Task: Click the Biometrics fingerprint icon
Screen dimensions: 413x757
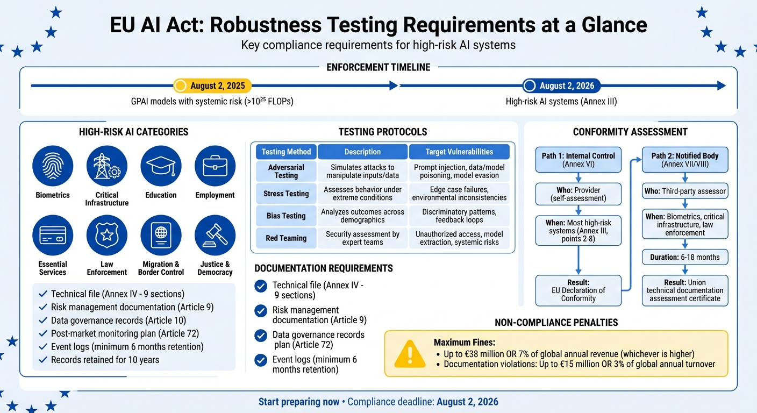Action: pos(53,166)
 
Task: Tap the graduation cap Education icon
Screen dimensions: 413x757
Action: pos(161,166)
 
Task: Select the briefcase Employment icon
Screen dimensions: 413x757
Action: pos(215,166)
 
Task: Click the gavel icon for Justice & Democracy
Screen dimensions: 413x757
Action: pos(215,235)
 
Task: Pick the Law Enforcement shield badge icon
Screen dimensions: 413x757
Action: pos(107,235)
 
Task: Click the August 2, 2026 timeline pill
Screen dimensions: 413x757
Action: pos(561,86)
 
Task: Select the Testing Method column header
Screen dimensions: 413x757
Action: pos(286,152)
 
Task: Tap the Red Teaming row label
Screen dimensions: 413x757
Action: pos(286,238)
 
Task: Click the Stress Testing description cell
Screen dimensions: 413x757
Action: pos(362,194)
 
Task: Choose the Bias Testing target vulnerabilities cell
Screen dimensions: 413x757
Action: pos(460,216)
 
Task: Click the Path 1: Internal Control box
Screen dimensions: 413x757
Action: pos(579,160)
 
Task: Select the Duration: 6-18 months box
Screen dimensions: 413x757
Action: pos(685,257)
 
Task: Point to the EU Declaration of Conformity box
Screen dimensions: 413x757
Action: pos(579,290)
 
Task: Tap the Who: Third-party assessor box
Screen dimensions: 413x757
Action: pos(685,190)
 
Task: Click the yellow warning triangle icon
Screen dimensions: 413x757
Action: pos(410,353)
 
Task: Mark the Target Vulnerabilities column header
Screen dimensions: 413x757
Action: pos(460,152)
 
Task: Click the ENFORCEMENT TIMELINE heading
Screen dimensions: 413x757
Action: pos(378,67)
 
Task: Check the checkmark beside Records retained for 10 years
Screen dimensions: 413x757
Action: pos(42,360)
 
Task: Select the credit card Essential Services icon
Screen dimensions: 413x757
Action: pos(53,235)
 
